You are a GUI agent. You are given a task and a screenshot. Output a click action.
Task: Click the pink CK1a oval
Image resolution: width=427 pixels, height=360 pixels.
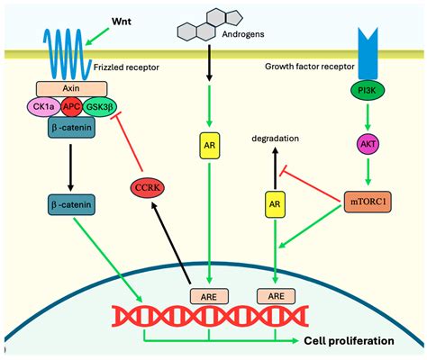pos(46,106)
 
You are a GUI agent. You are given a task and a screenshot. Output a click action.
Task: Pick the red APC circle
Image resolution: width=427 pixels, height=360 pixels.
pos(72,107)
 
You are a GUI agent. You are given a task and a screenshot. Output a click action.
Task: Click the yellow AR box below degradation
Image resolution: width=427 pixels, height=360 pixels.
pos(275,206)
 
